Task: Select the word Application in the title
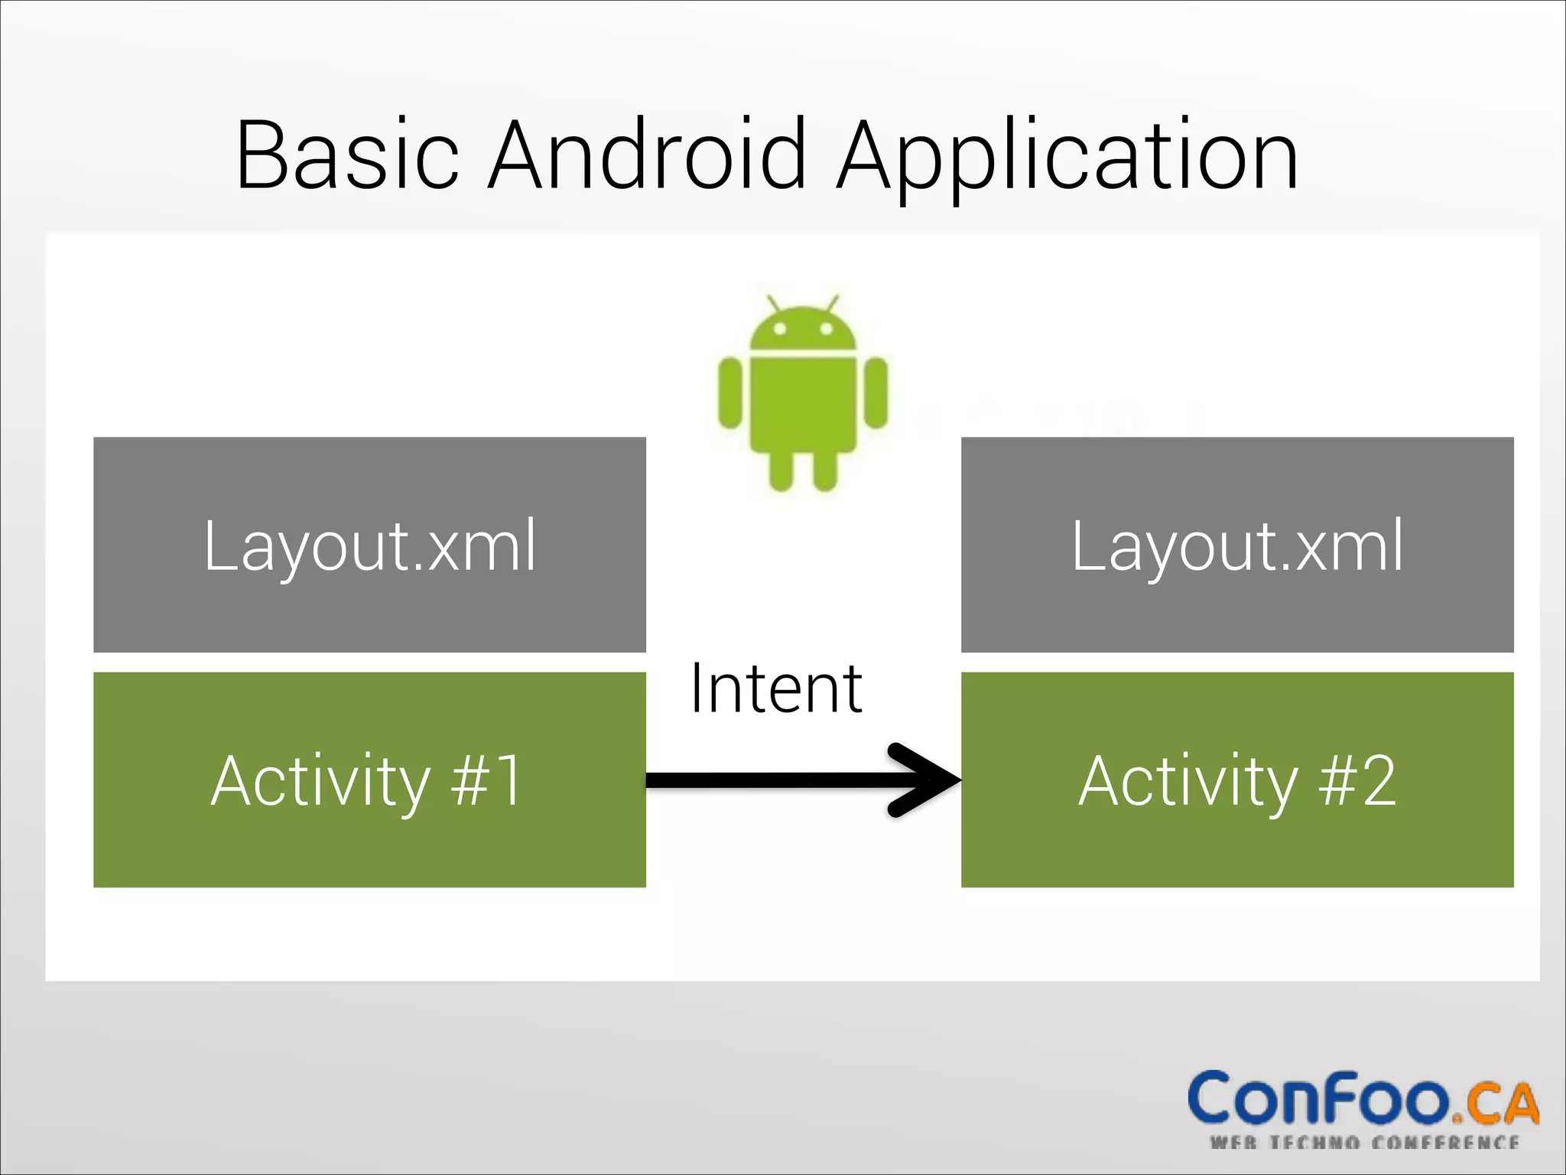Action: [x=1067, y=157]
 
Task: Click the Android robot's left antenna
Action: [x=774, y=303]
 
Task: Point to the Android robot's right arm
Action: [x=876, y=393]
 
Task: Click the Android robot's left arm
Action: [x=730, y=393]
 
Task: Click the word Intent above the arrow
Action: [x=776, y=688]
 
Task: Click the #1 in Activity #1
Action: [x=486, y=781]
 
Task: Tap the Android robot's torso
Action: [x=802, y=402]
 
